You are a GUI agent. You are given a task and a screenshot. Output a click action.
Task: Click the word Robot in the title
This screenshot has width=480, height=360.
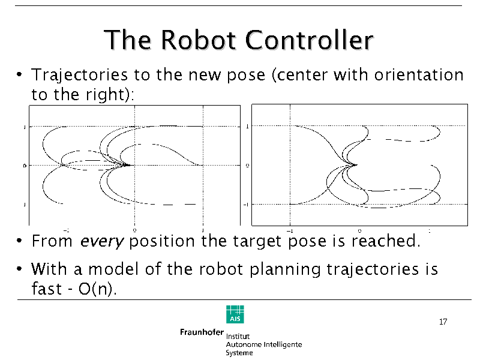point(199,40)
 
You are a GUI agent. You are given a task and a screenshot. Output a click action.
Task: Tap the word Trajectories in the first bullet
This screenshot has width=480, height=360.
point(79,76)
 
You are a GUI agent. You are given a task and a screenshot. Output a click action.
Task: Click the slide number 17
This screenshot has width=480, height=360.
point(443,322)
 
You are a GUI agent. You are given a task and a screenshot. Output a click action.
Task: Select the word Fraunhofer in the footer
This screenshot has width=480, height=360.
point(201,332)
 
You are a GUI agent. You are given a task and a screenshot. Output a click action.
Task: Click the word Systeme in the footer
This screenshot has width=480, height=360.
point(239,353)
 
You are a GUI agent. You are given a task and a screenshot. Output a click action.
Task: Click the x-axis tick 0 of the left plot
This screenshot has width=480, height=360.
point(134,230)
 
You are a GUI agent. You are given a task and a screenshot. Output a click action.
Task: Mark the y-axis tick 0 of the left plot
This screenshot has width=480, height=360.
point(24,165)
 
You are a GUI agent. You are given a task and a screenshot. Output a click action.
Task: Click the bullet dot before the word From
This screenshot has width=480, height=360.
point(20,242)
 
